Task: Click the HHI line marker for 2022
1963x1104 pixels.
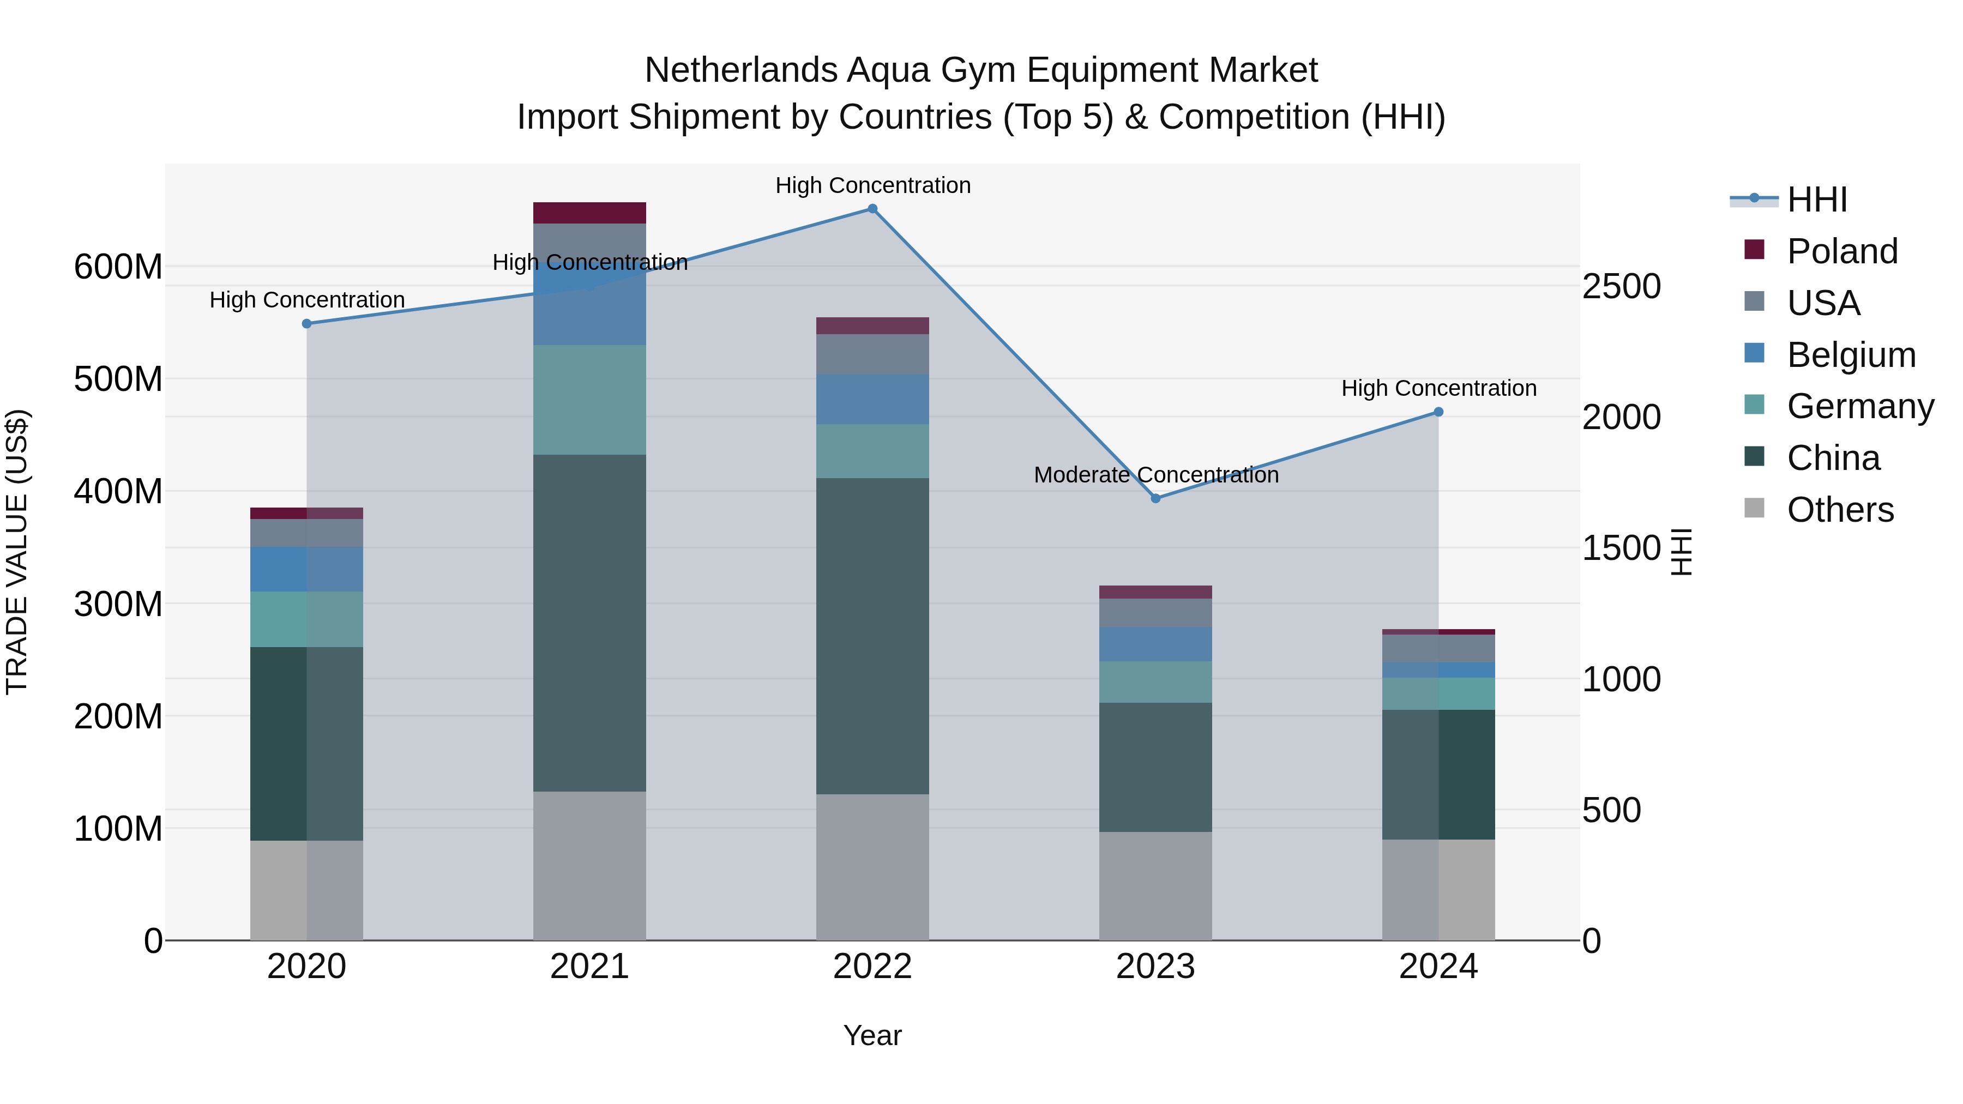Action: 872,209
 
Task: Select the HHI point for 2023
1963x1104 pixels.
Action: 1155,498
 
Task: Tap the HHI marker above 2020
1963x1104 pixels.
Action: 307,324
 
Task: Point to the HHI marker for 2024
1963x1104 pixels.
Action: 1438,412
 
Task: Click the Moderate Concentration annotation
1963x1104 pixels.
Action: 1155,475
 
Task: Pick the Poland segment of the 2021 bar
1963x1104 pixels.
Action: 589,213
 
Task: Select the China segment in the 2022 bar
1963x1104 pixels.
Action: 872,636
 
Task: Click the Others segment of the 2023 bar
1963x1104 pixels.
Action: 1155,885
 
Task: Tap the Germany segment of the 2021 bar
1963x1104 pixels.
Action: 589,400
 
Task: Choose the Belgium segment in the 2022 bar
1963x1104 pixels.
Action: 872,399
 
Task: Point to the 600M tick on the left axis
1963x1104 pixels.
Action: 118,268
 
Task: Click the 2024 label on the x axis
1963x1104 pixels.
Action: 1438,967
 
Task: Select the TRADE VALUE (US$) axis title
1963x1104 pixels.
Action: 17,552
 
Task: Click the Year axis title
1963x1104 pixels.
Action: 872,1035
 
